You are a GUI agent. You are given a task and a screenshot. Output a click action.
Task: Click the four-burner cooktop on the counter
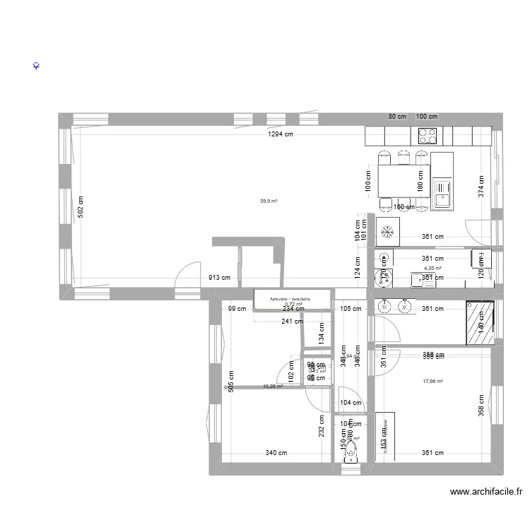click(x=428, y=135)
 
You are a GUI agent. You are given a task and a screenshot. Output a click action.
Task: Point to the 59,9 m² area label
click(x=269, y=201)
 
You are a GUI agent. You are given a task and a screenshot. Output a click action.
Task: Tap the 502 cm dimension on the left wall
click(x=81, y=206)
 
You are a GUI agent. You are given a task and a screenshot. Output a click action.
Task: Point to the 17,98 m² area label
click(x=432, y=382)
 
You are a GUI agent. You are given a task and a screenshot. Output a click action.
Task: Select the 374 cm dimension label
click(x=481, y=185)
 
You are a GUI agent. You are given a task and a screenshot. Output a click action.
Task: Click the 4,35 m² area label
click(x=432, y=269)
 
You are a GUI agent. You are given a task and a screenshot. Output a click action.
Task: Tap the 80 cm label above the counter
click(x=397, y=117)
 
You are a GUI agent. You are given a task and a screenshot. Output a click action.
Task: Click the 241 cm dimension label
click(x=291, y=322)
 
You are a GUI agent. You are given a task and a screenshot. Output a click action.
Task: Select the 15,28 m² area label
click(x=273, y=387)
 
